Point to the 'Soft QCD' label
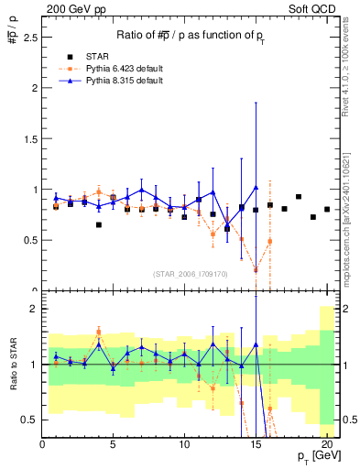[314, 10]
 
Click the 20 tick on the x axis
[327, 444]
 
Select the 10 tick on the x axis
[184, 444]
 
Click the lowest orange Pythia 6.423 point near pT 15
[256, 270]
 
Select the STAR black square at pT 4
[99, 224]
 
